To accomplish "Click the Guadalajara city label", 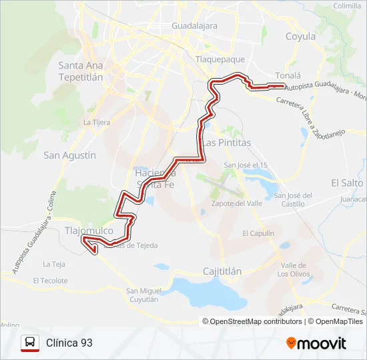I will (x=195, y=25).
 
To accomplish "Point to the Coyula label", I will (x=300, y=37).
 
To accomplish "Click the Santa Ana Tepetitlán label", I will (x=81, y=71).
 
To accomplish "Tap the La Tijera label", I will (x=97, y=122).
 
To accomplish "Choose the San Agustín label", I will (x=70, y=155).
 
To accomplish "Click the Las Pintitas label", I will (x=227, y=143).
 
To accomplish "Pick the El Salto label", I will (x=347, y=182).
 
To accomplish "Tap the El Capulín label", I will (x=258, y=233).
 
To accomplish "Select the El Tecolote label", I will (x=50, y=281).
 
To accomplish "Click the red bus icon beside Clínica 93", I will (x=29, y=343).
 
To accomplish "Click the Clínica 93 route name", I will (x=69, y=343).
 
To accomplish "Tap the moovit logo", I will (x=316, y=343).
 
